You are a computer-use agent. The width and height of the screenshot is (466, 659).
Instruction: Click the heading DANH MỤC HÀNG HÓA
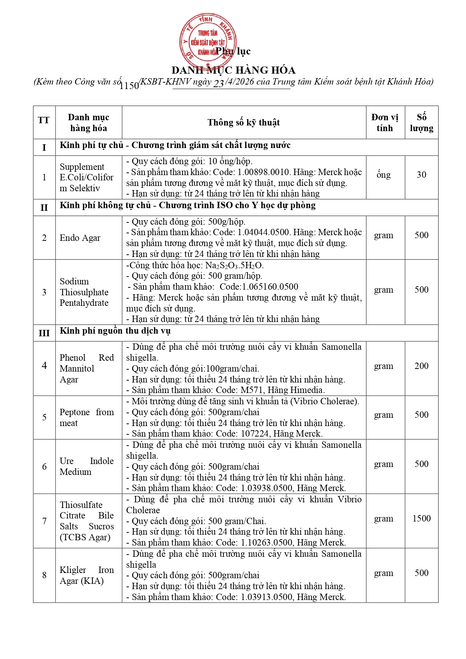[x=233, y=70]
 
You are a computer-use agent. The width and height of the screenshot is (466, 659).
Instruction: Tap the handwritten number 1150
[x=129, y=86]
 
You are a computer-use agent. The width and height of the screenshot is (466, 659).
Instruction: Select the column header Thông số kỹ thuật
[x=244, y=122]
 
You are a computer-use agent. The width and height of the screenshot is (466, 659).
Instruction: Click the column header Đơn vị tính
[x=385, y=122]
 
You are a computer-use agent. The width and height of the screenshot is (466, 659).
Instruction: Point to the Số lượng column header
[x=421, y=122]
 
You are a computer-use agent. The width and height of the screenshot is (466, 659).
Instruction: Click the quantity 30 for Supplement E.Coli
[x=421, y=175]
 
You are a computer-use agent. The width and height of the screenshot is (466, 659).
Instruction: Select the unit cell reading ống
[x=383, y=175]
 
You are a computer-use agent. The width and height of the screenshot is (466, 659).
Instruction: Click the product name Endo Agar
[x=80, y=238]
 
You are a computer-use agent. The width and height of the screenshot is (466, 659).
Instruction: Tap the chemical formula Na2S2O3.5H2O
[x=234, y=265]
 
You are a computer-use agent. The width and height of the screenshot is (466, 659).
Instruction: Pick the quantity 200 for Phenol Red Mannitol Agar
[x=421, y=366]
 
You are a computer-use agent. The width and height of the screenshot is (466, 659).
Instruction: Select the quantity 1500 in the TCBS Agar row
[x=421, y=518]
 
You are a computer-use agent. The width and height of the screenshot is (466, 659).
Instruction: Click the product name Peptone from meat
[x=86, y=417]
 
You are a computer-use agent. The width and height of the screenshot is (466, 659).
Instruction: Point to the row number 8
[x=44, y=575]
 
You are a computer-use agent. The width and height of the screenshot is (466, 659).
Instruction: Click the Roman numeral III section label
[x=44, y=333]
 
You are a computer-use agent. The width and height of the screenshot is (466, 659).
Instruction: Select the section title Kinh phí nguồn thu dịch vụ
[x=115, y=331]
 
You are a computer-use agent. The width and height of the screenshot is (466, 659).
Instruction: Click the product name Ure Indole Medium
[x=86, y=466]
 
